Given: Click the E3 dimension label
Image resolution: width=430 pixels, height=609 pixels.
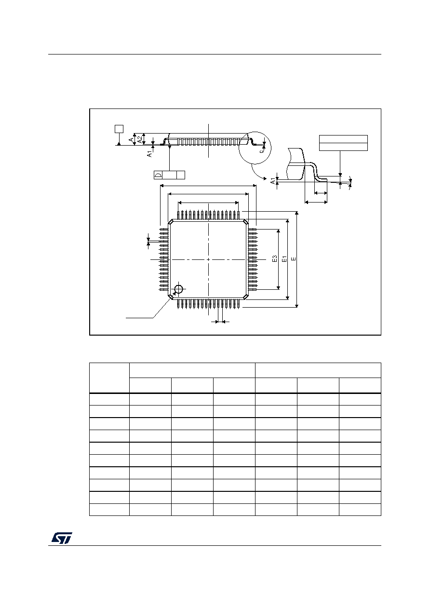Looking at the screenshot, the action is (274, 258).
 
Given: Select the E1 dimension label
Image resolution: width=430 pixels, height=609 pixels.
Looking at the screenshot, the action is (284, 258).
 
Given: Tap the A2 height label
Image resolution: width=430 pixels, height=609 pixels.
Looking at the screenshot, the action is (139, 139).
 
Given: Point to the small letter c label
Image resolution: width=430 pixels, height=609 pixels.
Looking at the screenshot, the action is (261, 151).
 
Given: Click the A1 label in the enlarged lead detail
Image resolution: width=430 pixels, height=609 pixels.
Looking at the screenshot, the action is (273, 181).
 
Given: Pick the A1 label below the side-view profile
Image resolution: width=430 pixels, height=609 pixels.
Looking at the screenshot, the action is (149, 154).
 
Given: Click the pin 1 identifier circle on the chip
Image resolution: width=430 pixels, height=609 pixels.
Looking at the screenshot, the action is (178, 289).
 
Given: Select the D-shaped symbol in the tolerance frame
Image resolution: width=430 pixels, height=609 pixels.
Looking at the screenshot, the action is (158, 175).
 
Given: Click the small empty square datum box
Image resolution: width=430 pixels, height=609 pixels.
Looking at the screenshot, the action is (119, 129).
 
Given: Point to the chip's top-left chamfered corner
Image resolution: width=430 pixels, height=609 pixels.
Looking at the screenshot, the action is (171, 222).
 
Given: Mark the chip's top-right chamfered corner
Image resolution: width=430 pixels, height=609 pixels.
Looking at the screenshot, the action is (246, 222).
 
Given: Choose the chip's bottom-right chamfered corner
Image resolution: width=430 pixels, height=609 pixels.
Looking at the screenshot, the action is (246, 297).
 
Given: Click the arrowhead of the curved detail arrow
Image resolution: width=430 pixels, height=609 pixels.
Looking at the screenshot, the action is (265, 178).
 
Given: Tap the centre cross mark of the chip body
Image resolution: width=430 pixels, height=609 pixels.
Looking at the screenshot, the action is (208, 259).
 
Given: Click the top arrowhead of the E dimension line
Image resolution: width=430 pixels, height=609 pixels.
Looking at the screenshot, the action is (297, 213).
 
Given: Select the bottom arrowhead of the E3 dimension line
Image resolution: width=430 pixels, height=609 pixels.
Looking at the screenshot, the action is (278, 288).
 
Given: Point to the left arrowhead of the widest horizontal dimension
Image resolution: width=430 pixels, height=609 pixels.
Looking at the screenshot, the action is (162, 186).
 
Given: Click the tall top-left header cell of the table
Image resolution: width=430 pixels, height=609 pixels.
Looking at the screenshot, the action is (109, 378).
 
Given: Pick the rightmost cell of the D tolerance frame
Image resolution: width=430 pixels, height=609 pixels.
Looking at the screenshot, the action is (181, 175).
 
